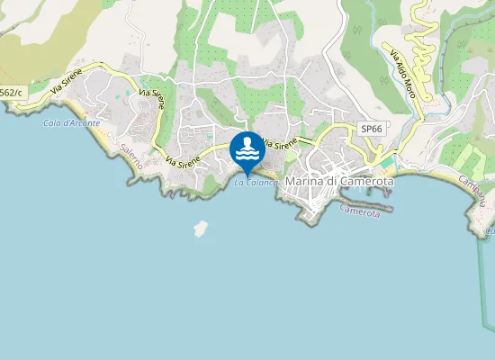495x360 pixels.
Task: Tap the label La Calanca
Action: [x=256, y=183]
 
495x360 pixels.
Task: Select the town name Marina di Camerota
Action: [x=339, y=181]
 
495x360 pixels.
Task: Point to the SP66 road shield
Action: [x=372, y=130]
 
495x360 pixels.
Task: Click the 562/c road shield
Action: [x=10, y=92]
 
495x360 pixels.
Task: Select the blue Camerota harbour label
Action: [x=366, y=211]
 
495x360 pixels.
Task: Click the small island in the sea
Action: [x=200, y=229]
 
